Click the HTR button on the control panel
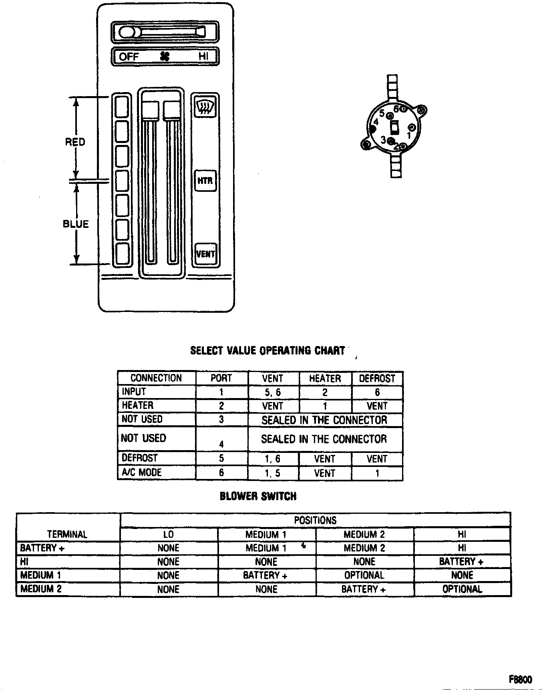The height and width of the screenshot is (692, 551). coord(205,181)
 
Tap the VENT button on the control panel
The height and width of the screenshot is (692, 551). coord(205,254)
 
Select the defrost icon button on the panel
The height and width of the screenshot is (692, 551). coord(205,107)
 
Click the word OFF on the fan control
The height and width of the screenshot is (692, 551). coord(129,56)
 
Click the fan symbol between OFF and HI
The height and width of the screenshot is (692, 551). coord(165,56)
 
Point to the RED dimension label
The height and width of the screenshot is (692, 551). coord(75,142)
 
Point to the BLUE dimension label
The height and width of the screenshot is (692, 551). coord(76,224)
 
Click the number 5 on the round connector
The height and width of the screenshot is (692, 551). coord(382,113)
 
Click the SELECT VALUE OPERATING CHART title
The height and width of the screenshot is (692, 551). coord(267,350)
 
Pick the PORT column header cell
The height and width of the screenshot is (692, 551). coord(221,378)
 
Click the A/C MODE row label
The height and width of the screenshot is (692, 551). coord(142,473)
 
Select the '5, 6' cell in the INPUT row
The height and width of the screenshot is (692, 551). coord(273,392)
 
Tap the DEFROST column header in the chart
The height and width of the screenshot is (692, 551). coord(377,378)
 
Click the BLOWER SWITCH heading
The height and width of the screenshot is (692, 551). coord(258,496)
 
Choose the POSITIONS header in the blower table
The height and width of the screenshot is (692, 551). coord(315,520)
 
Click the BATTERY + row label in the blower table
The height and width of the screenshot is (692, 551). coord(42,548)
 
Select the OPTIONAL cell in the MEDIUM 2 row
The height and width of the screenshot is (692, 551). coord(462,589)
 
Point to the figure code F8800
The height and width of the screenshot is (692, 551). coord(521,668)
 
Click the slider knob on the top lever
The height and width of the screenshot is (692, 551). coord(127,32)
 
